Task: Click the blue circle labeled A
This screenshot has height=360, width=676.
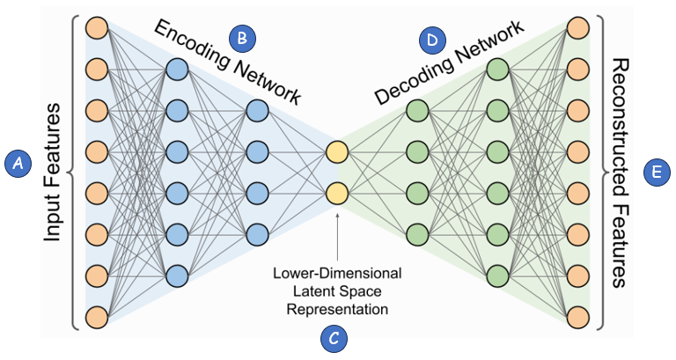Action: (x=18, y=160)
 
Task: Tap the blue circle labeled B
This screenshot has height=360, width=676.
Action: (x=241, y=37)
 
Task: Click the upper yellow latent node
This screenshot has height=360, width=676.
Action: (x=337, y=152)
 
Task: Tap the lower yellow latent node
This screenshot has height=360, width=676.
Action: (x=337, y=193)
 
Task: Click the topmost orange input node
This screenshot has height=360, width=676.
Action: (x=97, y=28)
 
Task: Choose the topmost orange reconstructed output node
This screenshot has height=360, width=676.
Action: (x=577, y=28)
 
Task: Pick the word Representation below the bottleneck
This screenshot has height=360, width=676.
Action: (x=338, y=309)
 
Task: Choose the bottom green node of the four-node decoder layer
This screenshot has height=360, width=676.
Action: (x=417, y=234)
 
